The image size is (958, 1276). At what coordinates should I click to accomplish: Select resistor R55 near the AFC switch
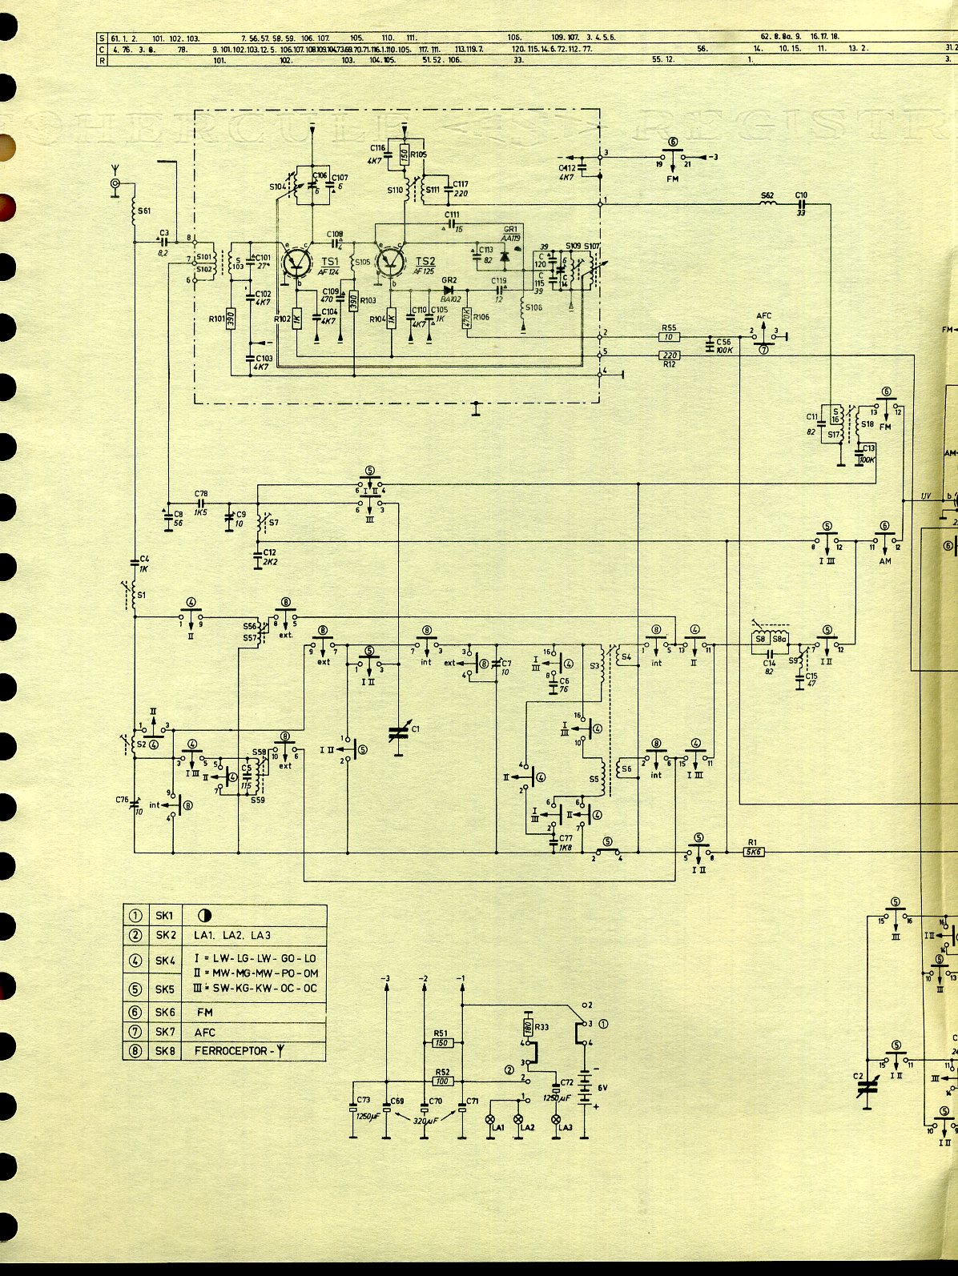669,337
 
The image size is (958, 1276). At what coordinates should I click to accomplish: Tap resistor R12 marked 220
669,355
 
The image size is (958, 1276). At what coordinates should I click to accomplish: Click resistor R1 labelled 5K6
753,852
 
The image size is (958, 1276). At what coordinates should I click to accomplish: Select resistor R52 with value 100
442,1081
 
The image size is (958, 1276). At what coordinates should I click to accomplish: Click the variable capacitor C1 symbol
398,733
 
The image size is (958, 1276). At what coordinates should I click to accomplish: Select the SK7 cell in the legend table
165,1032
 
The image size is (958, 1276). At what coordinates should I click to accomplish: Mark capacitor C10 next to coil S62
801,205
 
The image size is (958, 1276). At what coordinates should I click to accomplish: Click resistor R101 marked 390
231,319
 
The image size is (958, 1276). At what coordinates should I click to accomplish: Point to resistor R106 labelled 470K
466,319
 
